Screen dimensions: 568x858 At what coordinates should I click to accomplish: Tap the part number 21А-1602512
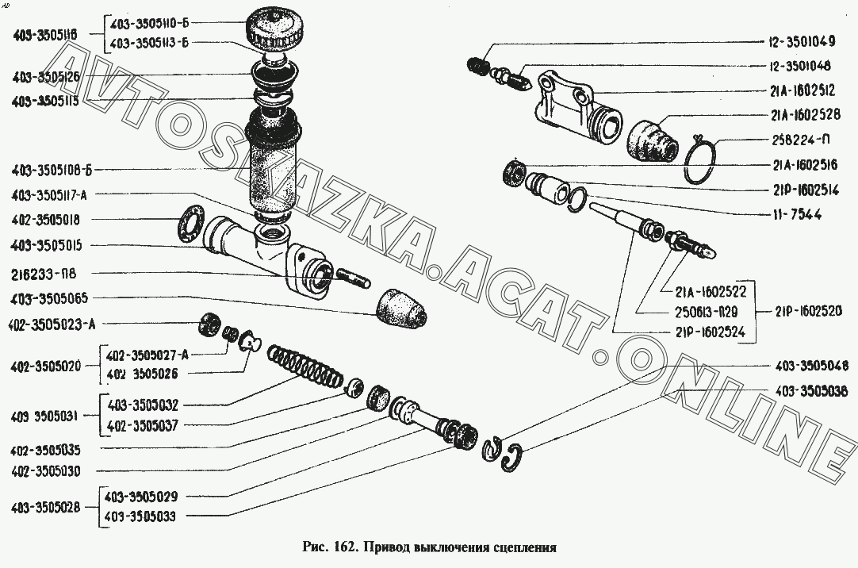(x=802, y=90)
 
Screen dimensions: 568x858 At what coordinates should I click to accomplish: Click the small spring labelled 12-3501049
(x=478, y=65)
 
